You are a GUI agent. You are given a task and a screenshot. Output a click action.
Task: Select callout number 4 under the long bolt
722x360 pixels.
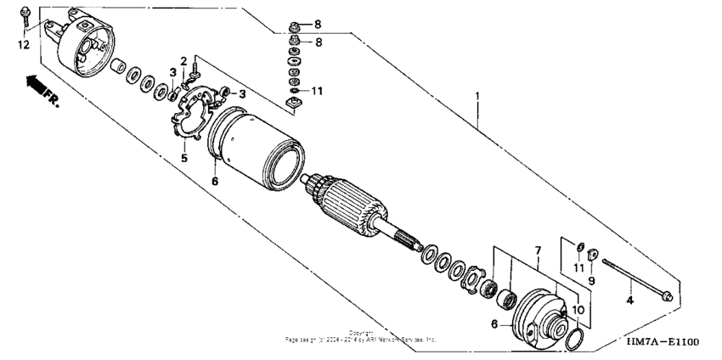tap(629, 300)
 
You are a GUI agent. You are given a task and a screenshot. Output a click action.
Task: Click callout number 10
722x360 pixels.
tap(578, 311)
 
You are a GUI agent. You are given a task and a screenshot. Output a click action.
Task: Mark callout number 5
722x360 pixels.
tap(183, 158)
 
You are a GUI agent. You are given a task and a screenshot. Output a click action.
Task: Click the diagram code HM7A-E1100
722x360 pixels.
tap(662, 341)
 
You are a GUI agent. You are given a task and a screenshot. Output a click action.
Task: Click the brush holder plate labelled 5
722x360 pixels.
tap(195, 115)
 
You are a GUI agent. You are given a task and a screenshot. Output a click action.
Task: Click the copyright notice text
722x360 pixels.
tap(360, 336)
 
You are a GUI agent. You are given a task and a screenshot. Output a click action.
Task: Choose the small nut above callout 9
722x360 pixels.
tap(592, 253)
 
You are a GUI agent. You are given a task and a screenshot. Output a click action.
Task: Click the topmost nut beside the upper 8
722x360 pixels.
tap(294, 24)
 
